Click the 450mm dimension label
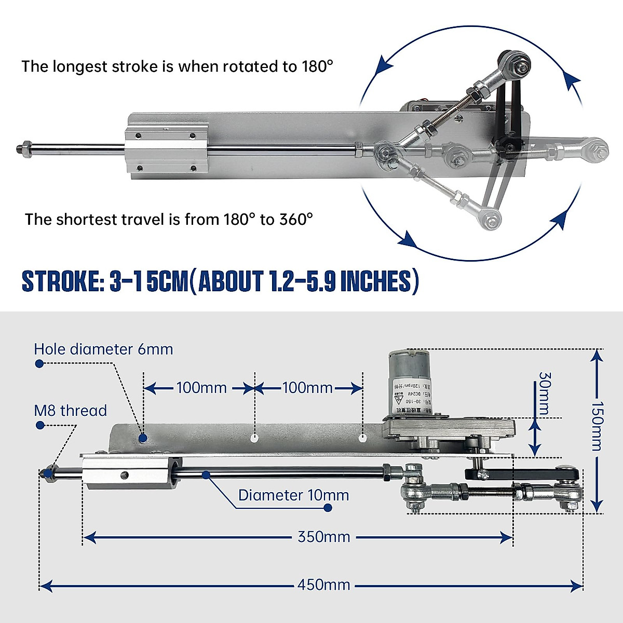point(323,585)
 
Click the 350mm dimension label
point(323,536)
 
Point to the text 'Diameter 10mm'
point(293,495)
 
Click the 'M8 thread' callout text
point(70,411)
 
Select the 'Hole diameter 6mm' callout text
point(103,349)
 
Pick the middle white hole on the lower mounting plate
point(254,438)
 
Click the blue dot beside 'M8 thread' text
point(39,425)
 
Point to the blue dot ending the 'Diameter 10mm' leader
point(328,508)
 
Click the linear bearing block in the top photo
point(166,150)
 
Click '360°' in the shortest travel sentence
point(296,219)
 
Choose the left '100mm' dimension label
point(201,388)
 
